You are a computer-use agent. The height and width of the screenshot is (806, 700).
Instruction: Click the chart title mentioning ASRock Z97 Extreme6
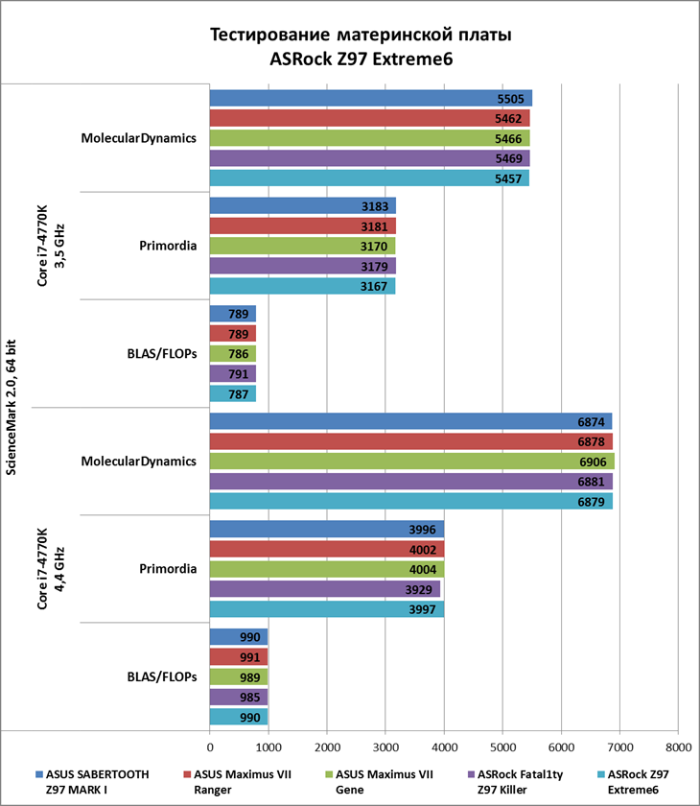[x=361, y=47]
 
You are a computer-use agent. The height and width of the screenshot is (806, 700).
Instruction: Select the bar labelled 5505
[x=370, y=98]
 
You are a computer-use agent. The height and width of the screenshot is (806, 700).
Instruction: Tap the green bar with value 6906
[x=411, y=462]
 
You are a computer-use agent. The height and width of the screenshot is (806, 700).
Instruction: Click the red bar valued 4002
[x=326, y=549]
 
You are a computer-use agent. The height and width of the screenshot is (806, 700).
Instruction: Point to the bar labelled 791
[x=232, y=373]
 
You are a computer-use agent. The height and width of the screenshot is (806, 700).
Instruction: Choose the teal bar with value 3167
[x=302, y=286]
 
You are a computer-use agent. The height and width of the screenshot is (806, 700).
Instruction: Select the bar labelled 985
[x=238, y=697]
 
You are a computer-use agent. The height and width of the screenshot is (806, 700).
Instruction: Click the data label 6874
[x=589, y=421]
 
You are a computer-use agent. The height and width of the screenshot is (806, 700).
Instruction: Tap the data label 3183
[x=373, y=205]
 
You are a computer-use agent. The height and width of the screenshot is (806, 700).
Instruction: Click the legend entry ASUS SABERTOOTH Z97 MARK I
[x=96, y=781]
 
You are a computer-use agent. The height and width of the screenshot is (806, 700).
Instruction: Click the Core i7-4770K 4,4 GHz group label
[x=48, y=568]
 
